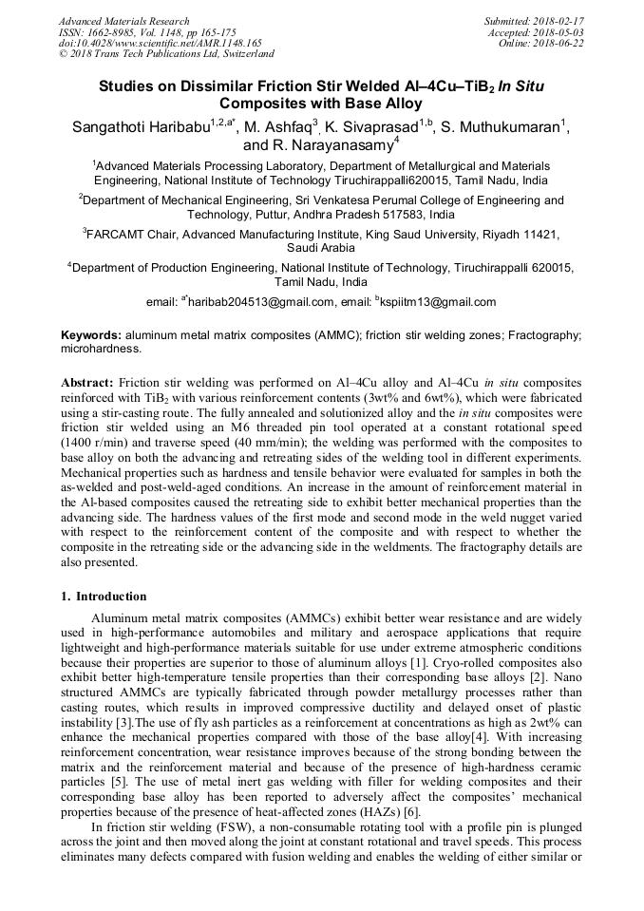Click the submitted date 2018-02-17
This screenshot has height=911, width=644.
pyautogui.click(x=559, y=21)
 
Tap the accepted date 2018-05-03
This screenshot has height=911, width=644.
pyautogui.click(x=559, y=31)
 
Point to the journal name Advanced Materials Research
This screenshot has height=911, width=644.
pyautogui.click(x=124, y=21)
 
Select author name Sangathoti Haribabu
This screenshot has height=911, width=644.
pyautogui.click(x=141, y=127)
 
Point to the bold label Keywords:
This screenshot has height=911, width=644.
pyautogui.click(x=91, y=335)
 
